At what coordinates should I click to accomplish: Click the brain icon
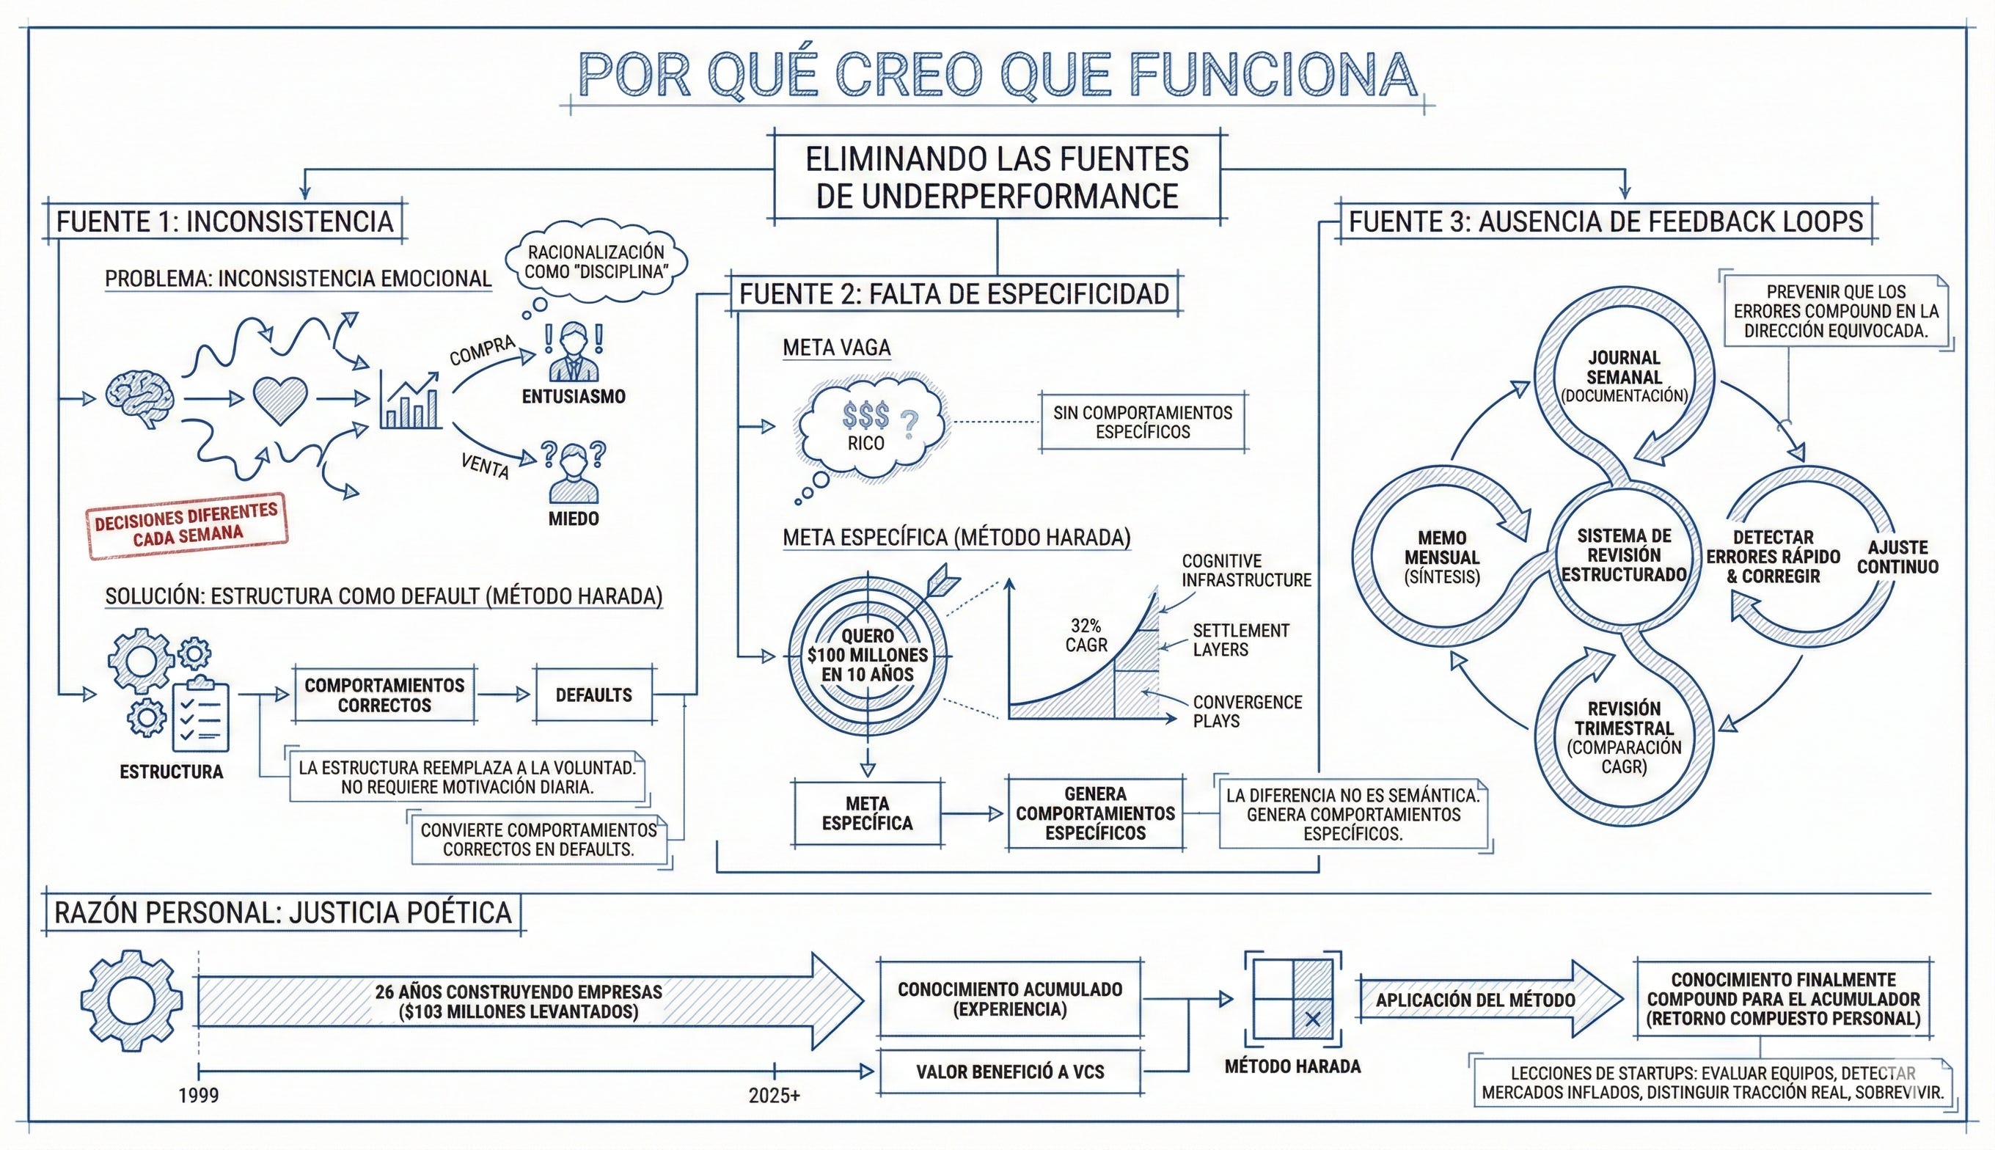point(141,399)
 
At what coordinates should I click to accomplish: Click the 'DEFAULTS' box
point(594,695)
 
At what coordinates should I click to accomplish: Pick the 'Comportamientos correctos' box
point(384,695)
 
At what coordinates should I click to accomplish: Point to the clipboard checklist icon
point(199,716)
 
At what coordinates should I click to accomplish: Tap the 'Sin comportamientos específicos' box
point(1142,422)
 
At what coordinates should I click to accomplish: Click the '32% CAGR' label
point(1086,635)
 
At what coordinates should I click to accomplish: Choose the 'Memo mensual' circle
point(1442,557)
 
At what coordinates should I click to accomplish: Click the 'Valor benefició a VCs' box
point(1010,1072)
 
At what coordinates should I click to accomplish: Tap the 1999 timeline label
point(198,1096)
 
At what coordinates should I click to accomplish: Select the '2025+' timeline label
point(774,1096)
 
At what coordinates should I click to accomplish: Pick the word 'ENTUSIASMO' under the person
point(574,397)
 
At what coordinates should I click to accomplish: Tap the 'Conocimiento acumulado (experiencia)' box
point(1010,999)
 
